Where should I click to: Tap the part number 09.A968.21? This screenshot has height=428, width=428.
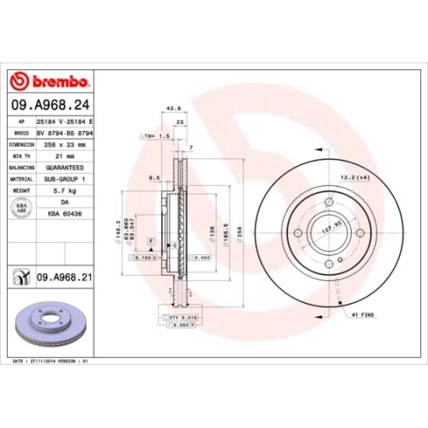point(65,278)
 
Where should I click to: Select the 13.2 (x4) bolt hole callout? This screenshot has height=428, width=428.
point(354,178)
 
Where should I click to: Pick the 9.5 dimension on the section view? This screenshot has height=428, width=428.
point(155,178)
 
